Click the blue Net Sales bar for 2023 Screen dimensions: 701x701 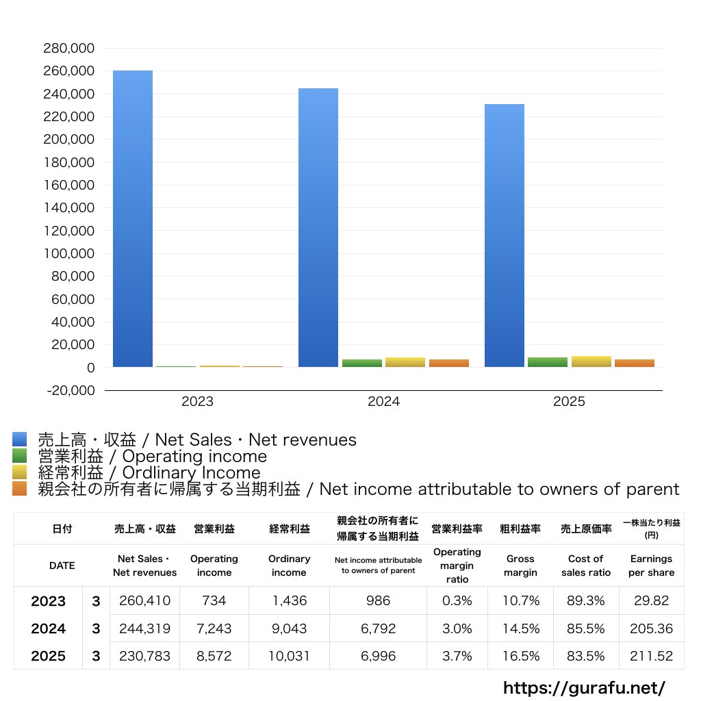tap(133, 219)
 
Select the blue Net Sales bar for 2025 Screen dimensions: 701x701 tap(505, 235)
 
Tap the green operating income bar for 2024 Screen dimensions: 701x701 tap(362, 363)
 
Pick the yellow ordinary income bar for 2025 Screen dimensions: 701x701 tap(591, 361)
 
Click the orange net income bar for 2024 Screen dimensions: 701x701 tap(449, 363)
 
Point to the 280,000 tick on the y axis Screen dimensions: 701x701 tap(68, 49)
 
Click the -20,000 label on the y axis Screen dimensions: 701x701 tap(68, 390)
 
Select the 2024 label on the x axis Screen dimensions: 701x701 tap(383, 402)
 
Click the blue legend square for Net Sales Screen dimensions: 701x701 tap(19, 439)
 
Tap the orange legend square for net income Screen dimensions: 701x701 tap(19, 489)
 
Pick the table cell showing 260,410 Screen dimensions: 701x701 tap(144, 601)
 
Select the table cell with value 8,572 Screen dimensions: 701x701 tap(214, 656)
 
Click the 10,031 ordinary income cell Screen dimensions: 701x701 tap(289, 656)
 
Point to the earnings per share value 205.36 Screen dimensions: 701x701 tap(651, 628)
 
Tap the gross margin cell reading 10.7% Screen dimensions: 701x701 tap(520, 601)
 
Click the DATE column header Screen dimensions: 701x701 tap(62, 566)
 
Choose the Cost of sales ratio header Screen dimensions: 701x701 tap(585, 566)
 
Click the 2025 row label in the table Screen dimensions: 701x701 tap(49, 656)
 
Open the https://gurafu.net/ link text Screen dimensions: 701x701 tap(584, 687)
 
